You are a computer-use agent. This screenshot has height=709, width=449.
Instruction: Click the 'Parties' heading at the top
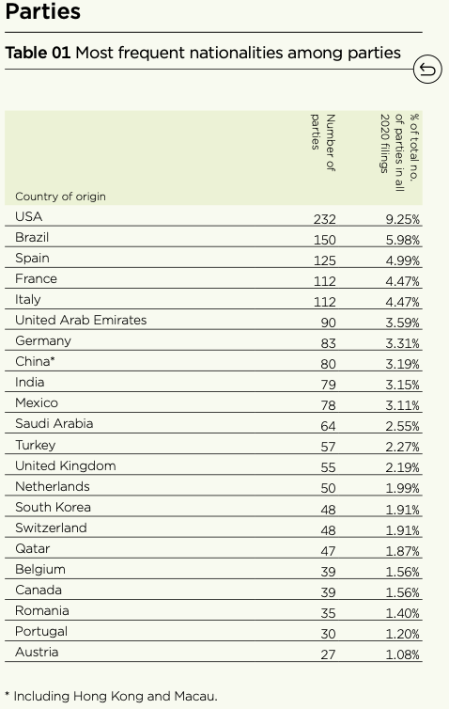[x=43, y=13]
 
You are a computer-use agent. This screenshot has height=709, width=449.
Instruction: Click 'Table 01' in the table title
[x=38, y=53]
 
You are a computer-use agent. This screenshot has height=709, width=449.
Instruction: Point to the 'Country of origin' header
[x=60, y=197]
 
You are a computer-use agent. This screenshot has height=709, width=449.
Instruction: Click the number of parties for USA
[x=324, y=218]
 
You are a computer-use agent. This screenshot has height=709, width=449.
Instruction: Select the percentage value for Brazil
[x=402, y=239]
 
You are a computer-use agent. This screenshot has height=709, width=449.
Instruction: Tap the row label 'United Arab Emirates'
[x=81, y=321]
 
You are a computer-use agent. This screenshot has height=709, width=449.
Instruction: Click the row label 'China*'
[x=36, y=362]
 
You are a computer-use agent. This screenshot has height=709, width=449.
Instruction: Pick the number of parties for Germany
[x=328, y=342]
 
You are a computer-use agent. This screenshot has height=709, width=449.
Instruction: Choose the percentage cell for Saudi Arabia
[x=402, y=425]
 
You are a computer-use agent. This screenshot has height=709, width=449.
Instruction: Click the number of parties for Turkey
[x=328, y=446]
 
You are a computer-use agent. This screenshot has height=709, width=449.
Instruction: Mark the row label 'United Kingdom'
[x=66, y=465]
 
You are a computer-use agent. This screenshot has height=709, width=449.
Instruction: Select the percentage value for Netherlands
[x=402, y=487]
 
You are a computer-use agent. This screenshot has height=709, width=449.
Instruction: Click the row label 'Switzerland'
[x=51, y=528]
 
